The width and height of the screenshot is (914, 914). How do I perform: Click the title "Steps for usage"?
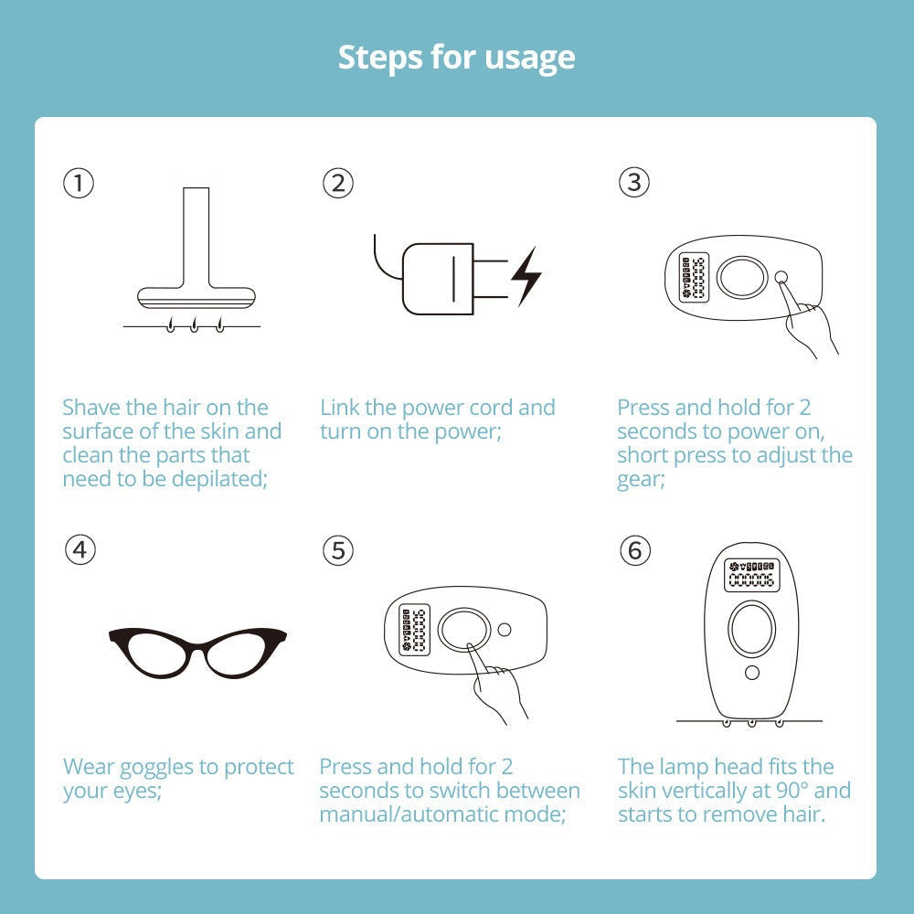pos(456,58)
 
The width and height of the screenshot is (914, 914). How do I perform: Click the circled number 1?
pos(79,184)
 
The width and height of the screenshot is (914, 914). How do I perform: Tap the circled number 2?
pos(337,184)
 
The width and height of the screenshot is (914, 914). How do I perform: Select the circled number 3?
pos(633,184)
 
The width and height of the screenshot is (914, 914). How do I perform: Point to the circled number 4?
pos(80,550)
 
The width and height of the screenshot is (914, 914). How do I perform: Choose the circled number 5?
pos(338,550)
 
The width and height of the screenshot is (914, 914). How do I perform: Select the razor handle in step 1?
pos(196,238)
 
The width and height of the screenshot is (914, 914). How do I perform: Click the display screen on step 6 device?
pos(750,575)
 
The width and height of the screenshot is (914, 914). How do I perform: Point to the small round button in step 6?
pos(751,673)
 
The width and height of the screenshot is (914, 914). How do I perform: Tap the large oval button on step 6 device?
pos(751,629)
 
